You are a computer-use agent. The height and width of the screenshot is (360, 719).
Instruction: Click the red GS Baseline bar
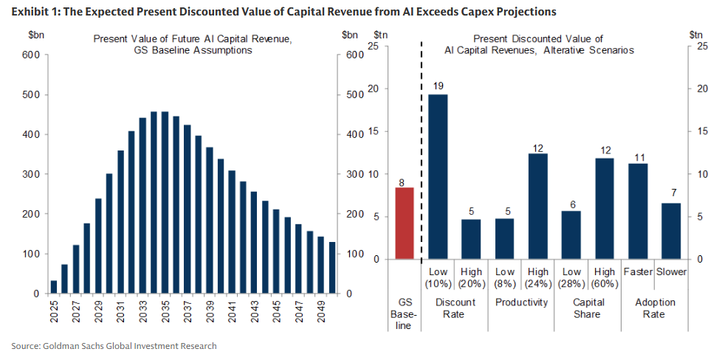click(405, 224)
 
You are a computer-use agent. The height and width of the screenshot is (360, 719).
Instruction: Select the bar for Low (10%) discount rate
click(438, 177)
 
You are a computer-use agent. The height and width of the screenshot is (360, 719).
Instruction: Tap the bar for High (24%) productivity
click(538, 207)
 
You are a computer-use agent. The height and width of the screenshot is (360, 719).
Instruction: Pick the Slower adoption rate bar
click(671, 231)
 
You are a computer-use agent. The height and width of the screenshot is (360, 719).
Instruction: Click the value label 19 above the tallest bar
click(438, 86)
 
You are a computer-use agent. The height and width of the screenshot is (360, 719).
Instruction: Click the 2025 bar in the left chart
click(54, 287)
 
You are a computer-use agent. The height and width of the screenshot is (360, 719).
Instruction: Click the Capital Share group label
click(588, 308)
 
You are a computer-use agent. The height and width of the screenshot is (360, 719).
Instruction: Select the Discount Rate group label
click(455, 308)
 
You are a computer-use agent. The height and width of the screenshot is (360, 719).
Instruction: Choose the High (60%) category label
click(605, 277)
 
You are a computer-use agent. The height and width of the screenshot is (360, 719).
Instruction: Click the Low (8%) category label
click(505, 277)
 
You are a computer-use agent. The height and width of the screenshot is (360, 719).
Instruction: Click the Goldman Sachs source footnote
click(114, 345)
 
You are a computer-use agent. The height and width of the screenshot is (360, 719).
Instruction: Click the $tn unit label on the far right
click(696, 34)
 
